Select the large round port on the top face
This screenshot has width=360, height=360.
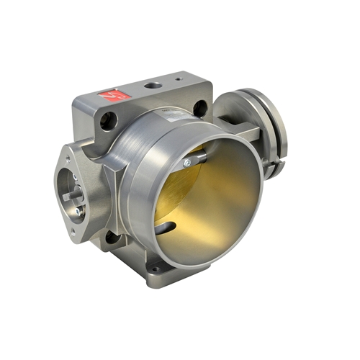153,86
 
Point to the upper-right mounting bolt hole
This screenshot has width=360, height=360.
200,108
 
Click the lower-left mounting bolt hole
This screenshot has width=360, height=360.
110,237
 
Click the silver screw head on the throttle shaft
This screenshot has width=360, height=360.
187,164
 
